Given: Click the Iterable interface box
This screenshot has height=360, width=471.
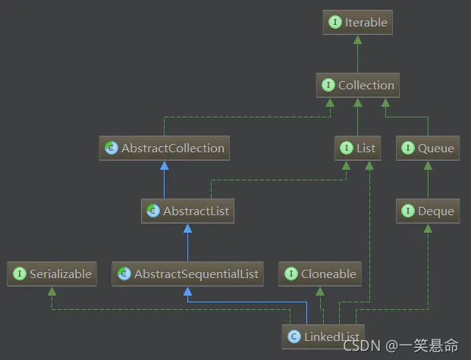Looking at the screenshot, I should pyautogui.click(x=357, y=23).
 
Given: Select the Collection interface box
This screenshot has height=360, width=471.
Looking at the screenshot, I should pyautogui.click(x=357, y=86).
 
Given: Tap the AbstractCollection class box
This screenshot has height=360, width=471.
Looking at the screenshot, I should pyautogui.click(x=165, y=149).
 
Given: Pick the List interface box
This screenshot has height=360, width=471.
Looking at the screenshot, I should pyautogui.click(x=357, y=149).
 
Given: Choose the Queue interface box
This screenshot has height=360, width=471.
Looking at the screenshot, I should pyautogui.click(x=428, y=149).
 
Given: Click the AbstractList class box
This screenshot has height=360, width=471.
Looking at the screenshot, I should pyautogui.click(x=187, y=211).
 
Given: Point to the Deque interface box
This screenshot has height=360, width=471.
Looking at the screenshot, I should pyautogui.click(x=428, y=211).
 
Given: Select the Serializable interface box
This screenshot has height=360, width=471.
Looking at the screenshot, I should pyautogui.click(x=52, y=274).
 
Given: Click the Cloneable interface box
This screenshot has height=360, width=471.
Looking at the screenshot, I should pyautogui.click(x=319, y=274).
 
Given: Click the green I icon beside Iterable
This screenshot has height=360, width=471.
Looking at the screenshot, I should pyautogui.click(x=334, y=23).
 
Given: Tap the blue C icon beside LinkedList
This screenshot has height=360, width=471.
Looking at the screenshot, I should pyautogui.click(x=294, y=335).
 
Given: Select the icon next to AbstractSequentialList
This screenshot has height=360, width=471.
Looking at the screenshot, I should pyautogui.click(x=124, y=274).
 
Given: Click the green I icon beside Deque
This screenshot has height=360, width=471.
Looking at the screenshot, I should pyautogui.click(x=408, y=211).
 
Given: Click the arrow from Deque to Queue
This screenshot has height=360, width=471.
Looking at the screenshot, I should pyautogui.click(x=428, y=180).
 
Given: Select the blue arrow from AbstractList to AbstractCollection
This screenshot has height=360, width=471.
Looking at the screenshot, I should pyautogui.click(x=165, y=180).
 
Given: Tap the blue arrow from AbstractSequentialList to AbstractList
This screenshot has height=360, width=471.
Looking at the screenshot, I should pyautogui.click(x=187, y=243).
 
